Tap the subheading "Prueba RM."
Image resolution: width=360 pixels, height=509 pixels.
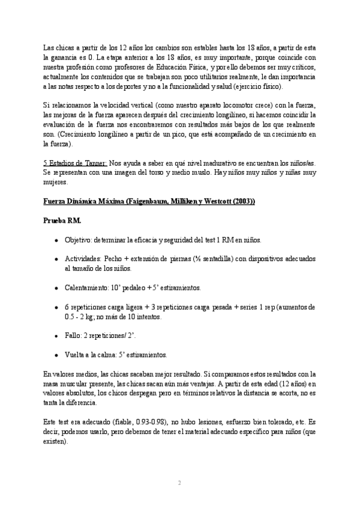tap(62, 221)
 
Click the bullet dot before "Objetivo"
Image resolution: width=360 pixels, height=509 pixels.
tap(56, 239)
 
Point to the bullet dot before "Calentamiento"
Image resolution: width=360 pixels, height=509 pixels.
tap(56, 288)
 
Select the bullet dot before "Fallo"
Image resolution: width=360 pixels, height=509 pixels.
tap(56, 336)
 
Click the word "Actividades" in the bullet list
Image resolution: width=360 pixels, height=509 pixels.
tap(82, 259)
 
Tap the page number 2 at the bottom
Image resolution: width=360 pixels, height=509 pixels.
tap(179, 482)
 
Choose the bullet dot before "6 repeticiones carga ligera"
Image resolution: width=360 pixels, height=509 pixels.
tap(56, 307)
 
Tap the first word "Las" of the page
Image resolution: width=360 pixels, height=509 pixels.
tap(50, 48)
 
